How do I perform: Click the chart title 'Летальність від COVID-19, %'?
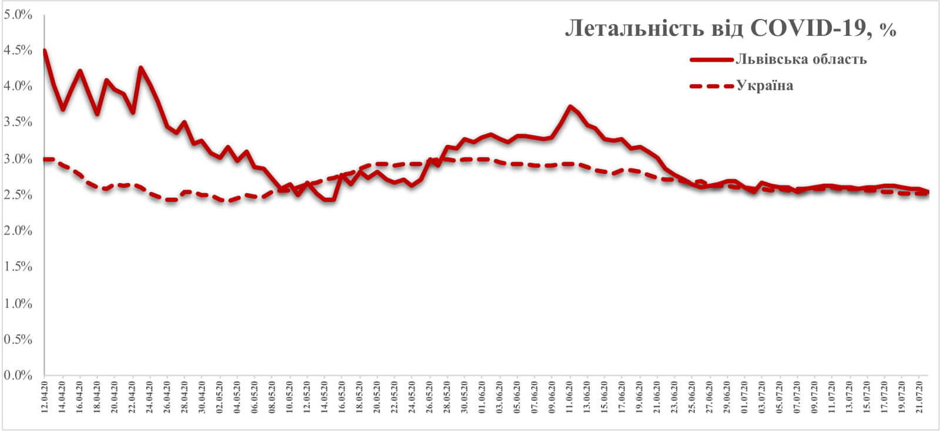pyautogui.click(x=730, y=29)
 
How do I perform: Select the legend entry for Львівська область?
pyautogui.click(x=801, y=59)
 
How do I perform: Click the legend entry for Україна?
pyautogui.click(x=764, y=86)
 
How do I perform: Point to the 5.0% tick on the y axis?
pyautogui.click(x=18, y=14)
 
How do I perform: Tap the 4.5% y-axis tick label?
pyautogui.click(x=18, y=50)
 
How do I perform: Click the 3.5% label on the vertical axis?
pyautogui.click(x=18, y=123)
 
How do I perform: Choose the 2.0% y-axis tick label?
pyautogui.click(x=18, y=231)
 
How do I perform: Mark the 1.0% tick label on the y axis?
pyautogui.click(x=18, y=304)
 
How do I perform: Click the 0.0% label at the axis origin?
pyautogui.click(x=18, y=375)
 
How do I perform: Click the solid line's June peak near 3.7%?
pyautogui.click(x=570, y=106)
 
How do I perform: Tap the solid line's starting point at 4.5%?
pyautogui.click(x=45, y=50)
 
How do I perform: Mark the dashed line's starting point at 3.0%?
pyautogui.click(x=45, y=159)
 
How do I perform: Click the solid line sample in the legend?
pyautogui.click(x=711, y=59)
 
